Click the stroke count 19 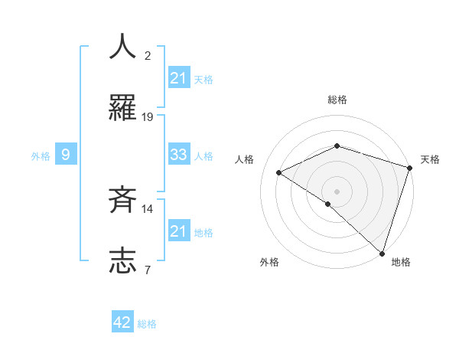[148, 117]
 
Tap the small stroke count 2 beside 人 [148, 56]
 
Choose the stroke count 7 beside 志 [148, 270]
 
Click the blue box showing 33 [178, 155]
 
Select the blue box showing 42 [122, 322]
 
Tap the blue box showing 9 [66, 155]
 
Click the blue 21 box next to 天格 [178, 78]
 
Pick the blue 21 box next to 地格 [178, 231]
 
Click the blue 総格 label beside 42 [147, 324]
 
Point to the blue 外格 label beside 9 [41, 156]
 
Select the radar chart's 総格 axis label [337, 100]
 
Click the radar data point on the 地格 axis [382, 252]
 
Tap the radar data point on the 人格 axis [279, 172]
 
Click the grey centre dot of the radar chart [337, 191]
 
